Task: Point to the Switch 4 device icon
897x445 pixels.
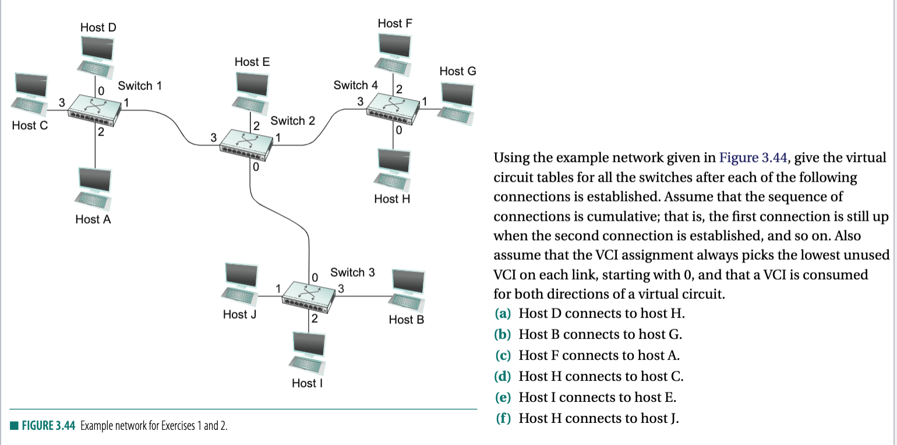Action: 393,107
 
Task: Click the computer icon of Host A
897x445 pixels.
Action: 93,190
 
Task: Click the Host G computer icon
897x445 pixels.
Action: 456,102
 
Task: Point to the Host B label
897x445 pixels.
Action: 406,319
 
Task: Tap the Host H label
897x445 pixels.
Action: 392,199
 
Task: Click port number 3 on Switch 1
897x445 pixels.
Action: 61,103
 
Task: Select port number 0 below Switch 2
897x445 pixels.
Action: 256,167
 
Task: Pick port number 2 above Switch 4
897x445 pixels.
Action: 399,89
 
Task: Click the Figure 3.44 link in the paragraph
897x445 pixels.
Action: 753,158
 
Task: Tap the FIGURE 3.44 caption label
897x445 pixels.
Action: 48,425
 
